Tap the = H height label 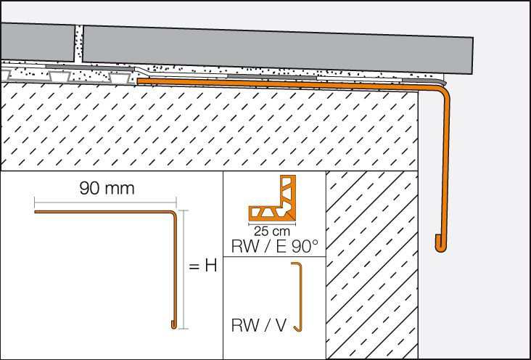(203, 266)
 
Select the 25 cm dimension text (274, 231)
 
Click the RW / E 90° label (274, 247)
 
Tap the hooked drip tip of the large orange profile (439, 244)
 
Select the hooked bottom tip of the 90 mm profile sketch (175, 322)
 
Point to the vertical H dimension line (186, 269)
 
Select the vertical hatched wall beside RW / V (372, 261)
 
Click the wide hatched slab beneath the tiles (210, 131)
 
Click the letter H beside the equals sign (210, 266)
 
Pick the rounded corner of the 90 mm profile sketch (174, 214)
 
